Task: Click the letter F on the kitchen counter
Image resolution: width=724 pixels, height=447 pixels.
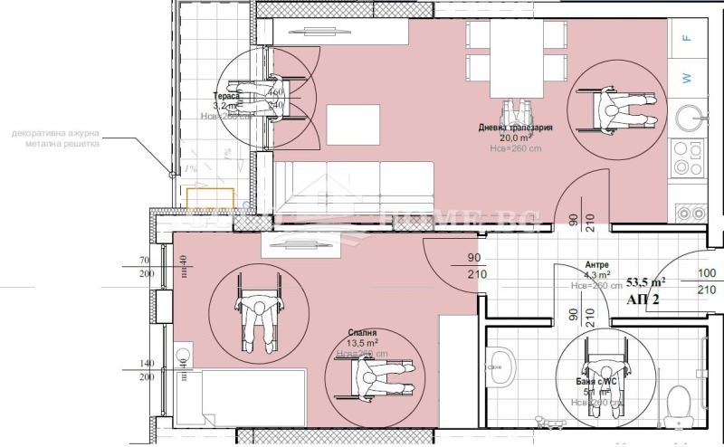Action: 688,38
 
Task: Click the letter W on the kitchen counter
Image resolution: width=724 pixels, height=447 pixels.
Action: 688,79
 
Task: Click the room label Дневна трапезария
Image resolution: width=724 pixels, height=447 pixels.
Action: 515,128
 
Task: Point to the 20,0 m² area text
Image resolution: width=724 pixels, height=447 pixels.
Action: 514,138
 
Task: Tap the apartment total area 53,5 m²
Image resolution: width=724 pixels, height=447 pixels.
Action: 646,281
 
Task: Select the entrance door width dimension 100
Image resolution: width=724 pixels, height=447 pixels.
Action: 706,273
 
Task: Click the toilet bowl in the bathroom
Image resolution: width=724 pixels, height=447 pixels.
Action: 677,400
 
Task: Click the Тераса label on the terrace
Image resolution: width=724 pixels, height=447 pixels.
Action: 226,95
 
